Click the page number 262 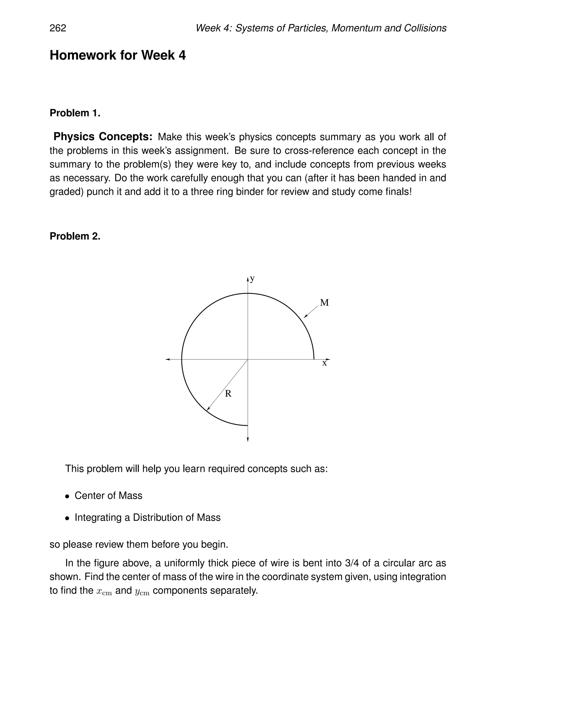click(x=58, y=28)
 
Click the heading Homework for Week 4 click(x=117, y=55)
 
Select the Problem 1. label click(x=75, y=113)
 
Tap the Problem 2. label click(x=75, y=236)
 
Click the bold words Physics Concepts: click(x=103, y=137)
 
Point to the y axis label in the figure click(x=252, y=279)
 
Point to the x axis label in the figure click(x=324, y=363)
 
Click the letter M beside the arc click(x=324, y=303)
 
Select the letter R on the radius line click(x=228, y=394)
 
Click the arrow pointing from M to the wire click(x=311, y=312)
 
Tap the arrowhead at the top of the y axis click(x=248, y=279)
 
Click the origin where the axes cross click(x=248, y=359)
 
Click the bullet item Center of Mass click(x=108, y=496)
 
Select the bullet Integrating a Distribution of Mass click(x=147, y=518)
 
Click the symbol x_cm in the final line click(x=104, y=591)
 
